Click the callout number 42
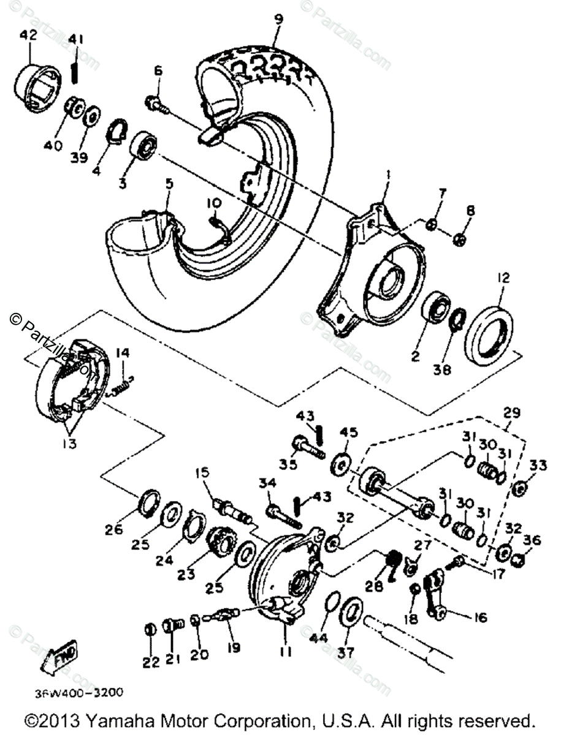click(28, 36)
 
